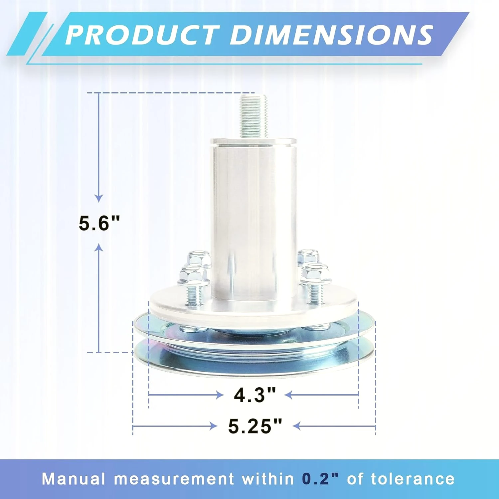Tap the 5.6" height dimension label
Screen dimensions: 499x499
pyautogui.click(x=99, y=223)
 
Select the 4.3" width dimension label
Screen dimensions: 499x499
pyautogui.click(x=255, y=395)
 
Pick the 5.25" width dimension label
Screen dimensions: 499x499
pyautogui.click(x=255, y=426)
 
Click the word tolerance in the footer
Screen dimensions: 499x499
pyautogui.click(x=413, y=479)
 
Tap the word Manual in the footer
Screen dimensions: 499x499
pyautogui.click(x=73, y=479)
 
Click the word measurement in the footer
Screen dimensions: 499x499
pyautogui.click(x=174, y=479)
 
